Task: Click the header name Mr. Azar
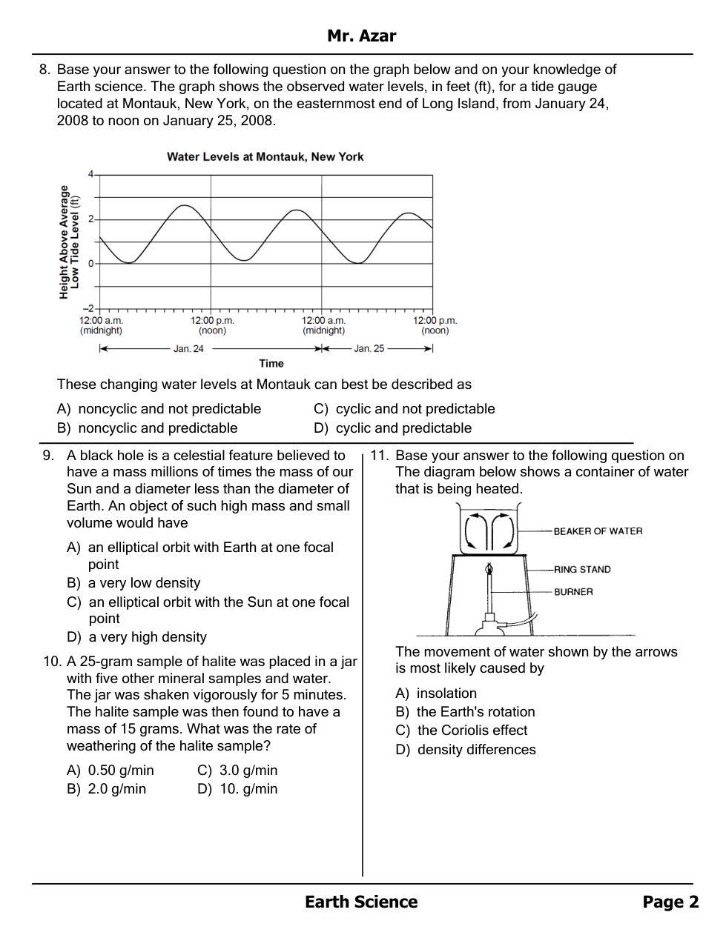361,36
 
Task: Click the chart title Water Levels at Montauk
265,157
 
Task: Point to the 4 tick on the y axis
90,174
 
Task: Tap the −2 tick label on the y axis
88,308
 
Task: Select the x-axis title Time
271,363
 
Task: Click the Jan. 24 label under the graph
188,349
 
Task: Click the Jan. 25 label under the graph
369,349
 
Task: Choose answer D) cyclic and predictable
393,428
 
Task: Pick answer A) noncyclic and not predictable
159,409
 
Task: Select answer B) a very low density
133,583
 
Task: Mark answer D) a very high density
137,637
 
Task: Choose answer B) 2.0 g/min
107,789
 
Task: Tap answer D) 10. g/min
238,789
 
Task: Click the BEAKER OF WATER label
598,531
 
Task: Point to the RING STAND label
582,570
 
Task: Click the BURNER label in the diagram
573,592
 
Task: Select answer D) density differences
466,750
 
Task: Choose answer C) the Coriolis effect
461,731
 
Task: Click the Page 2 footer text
670,902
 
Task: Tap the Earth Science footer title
361,902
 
